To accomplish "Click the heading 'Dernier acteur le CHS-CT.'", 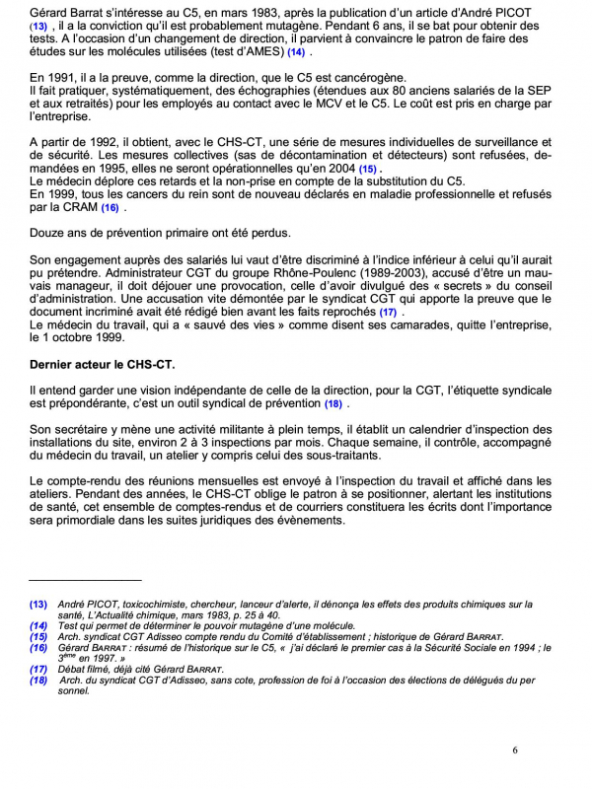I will click(102, 365).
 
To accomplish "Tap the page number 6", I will click(515, 751).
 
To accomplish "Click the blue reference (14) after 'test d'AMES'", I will click(295, 51).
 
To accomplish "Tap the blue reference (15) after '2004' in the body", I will click(367, 171).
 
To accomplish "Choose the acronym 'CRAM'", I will click(76, 208).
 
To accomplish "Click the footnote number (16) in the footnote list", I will click(38, 648).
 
